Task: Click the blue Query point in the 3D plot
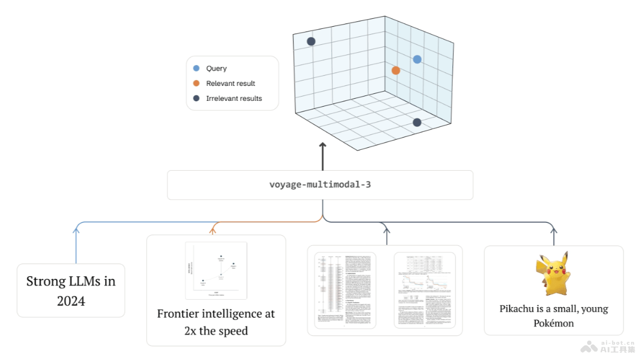(417, 59)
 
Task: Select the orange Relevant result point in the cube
(396, 70)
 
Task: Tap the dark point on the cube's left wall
(311, 41)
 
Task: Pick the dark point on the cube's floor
(417, 123)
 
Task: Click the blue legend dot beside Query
(196, 68)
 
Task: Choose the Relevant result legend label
(230, 83)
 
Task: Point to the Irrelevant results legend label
(234, 98)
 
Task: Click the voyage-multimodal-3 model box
(320, 185)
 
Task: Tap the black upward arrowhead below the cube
(322, 146)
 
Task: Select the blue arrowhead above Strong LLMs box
(76, 229)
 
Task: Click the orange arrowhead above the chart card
(213, 230)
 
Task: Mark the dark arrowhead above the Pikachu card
(554, 229)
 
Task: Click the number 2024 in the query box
(71, 301)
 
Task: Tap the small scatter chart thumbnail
(216, 270)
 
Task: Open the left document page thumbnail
(345, 290)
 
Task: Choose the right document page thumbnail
(425, 290)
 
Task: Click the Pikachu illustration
(553, 274)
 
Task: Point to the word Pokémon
(554, 323)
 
